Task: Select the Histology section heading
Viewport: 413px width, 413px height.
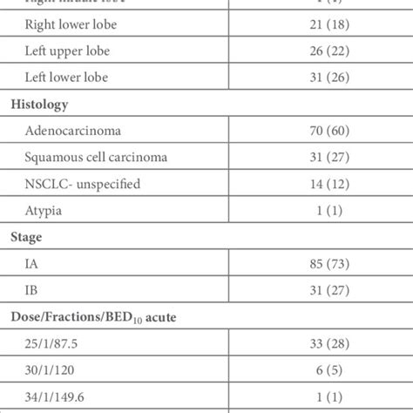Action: pyautogui.click(x=39, y=104)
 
